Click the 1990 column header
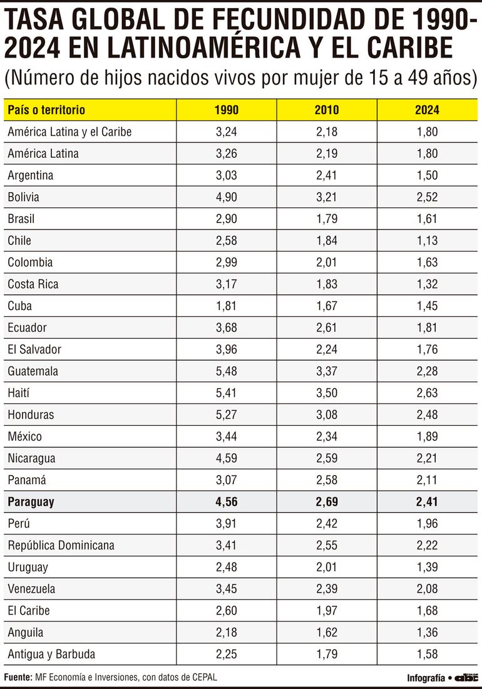(226, 110)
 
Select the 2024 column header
(427, 110)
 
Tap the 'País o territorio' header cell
(46, 110)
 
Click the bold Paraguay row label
(31, 502)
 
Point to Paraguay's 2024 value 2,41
(427, 502)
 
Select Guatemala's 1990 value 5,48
(226, 371)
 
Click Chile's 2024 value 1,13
(427, 241)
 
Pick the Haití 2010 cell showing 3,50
(327, 393)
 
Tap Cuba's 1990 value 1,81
(226, 306)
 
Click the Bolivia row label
(24, 197)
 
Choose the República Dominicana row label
(61, 545)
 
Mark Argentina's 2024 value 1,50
(427, 175)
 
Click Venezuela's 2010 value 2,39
(327, 589)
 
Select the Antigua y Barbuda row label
(51, 654)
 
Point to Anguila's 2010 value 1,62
(327, 632)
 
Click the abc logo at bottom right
(466, 678)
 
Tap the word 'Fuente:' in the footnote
(19, 678)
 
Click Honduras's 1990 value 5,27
(226, 415)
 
